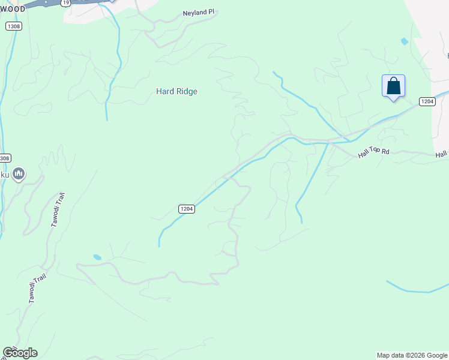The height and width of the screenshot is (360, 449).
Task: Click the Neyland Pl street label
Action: click(x=199, y=12)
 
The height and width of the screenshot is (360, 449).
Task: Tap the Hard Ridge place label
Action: click(x=176, y=91)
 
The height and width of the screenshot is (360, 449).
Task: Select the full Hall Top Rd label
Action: click(x=374, y=153)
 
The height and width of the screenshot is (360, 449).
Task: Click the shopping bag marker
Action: click(x=393, y=86)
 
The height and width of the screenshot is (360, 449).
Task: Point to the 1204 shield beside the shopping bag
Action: click(x=427, y=101)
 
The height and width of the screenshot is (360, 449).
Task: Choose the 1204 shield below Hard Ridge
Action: click(x=186, y=209)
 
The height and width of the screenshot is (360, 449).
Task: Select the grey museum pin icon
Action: click(x=19, y=174)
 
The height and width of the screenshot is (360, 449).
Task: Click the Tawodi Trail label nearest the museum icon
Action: click(x=56, y=211)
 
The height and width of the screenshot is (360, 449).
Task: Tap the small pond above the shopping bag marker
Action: click(x=404, y=41)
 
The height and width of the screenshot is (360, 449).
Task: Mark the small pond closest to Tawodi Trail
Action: click(x=97, y=257)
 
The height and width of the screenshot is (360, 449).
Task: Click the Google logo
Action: click(x=20, y=353)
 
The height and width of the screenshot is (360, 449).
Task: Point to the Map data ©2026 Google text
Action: click(x=412, y=355)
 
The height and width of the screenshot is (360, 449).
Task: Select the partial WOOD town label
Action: click(x=13, y=9)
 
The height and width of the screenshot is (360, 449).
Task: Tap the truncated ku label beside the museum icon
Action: click(x=4, y=174)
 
